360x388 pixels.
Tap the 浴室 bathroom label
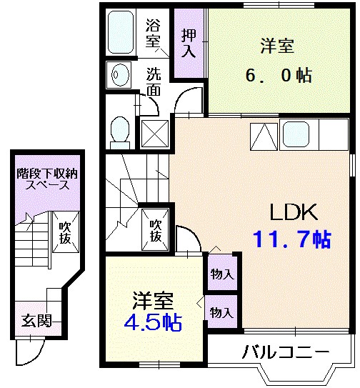click(153, 32)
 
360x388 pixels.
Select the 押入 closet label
click(188, 42)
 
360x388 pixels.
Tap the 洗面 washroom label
click(154, 81)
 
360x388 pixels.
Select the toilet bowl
click(120, 130)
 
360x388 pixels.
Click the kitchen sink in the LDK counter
click(296, 133)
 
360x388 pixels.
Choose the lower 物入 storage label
click(221, 312)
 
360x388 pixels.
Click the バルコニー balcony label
click(284, 352)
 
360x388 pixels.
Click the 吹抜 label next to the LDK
click(155, 229)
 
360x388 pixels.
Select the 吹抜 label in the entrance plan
click(65, 233)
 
